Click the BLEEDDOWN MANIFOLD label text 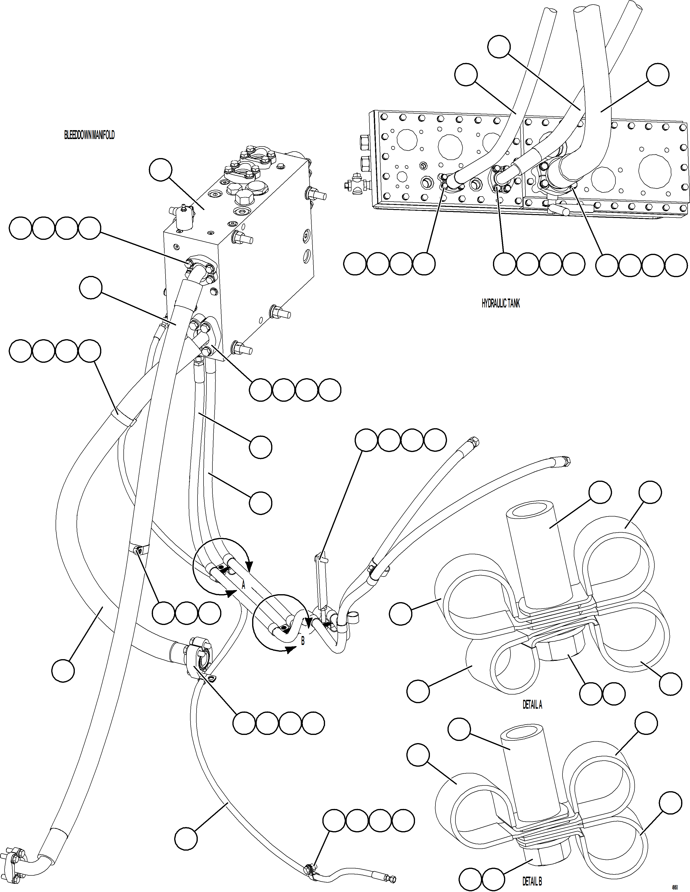(89, 135)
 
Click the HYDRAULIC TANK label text (500, 303)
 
